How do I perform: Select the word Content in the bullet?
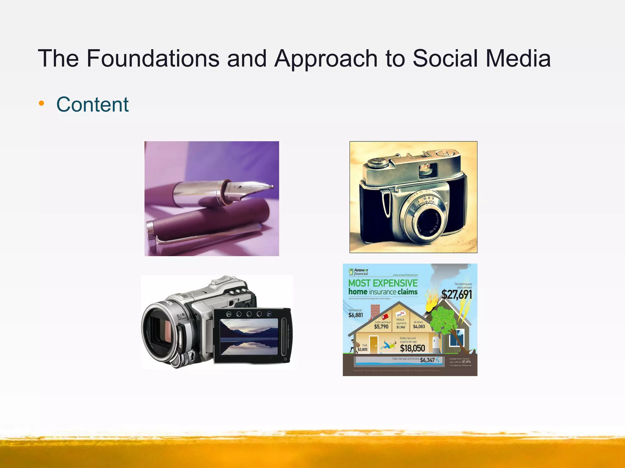click(92, 105)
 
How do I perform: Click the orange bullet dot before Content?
click(42, 104)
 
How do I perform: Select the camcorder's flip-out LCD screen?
click(249, 336)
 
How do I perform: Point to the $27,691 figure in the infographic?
click(457, 295)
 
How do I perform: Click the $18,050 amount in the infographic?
click(412, 348)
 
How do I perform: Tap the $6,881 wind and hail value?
click(356, 315)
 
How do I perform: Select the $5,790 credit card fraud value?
click(381, 327)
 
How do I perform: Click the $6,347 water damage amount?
click(427, 360)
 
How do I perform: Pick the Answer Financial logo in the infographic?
click(359, 271)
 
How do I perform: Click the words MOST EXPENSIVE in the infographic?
click(383, 283)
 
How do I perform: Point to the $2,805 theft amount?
click(362, 349)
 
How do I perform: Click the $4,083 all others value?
click(419, 327)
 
